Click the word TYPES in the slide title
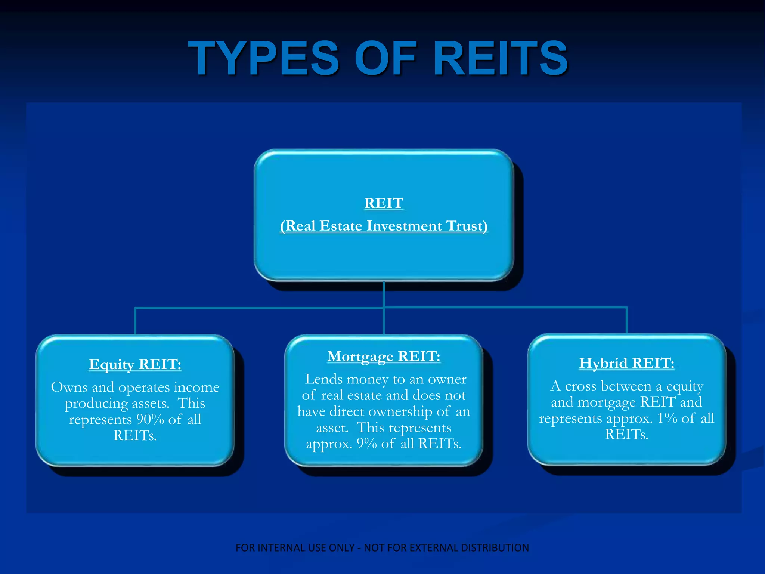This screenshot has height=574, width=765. point(263,58)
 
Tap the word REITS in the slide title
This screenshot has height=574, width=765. point(500,58)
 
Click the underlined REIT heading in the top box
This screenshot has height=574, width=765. point(384,203)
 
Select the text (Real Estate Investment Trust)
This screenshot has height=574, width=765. point(384,226)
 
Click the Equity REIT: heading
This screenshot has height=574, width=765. point(135,364)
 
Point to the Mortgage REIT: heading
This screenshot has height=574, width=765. point(384,356)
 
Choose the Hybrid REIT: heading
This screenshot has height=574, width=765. point(626,363)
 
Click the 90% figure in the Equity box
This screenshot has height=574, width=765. point(150,419)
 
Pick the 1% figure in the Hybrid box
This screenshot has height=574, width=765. point(667,418)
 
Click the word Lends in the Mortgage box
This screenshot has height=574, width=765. point(324,379)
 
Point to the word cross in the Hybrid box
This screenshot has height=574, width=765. point(582,386)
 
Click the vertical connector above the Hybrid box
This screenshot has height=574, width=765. point(626,321)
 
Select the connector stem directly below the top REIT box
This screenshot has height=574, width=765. point(384,294)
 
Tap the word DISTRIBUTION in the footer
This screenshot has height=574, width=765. point(495,548)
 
